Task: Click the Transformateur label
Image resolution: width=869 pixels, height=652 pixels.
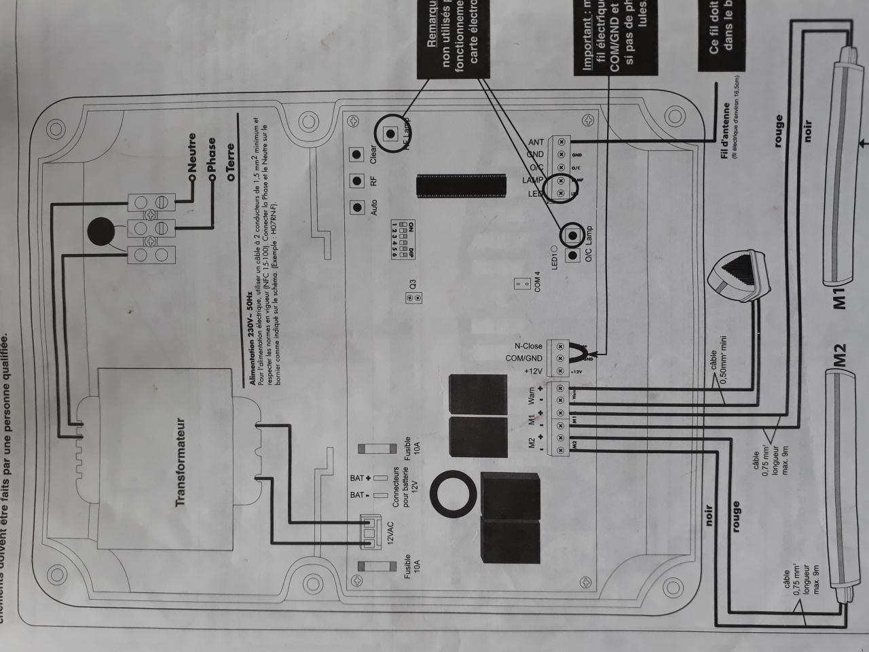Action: coord(181,462)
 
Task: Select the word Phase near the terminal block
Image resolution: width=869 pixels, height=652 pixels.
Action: coord(212,156)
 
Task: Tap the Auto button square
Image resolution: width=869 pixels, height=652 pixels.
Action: coord(354,208)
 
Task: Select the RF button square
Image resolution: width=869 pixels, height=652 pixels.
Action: coord(354,181)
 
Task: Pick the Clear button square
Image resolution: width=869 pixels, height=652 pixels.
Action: coord(354,154)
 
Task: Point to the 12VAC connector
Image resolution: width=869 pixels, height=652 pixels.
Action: coord(371,532)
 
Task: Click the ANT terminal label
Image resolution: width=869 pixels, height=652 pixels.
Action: coord(536,142)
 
